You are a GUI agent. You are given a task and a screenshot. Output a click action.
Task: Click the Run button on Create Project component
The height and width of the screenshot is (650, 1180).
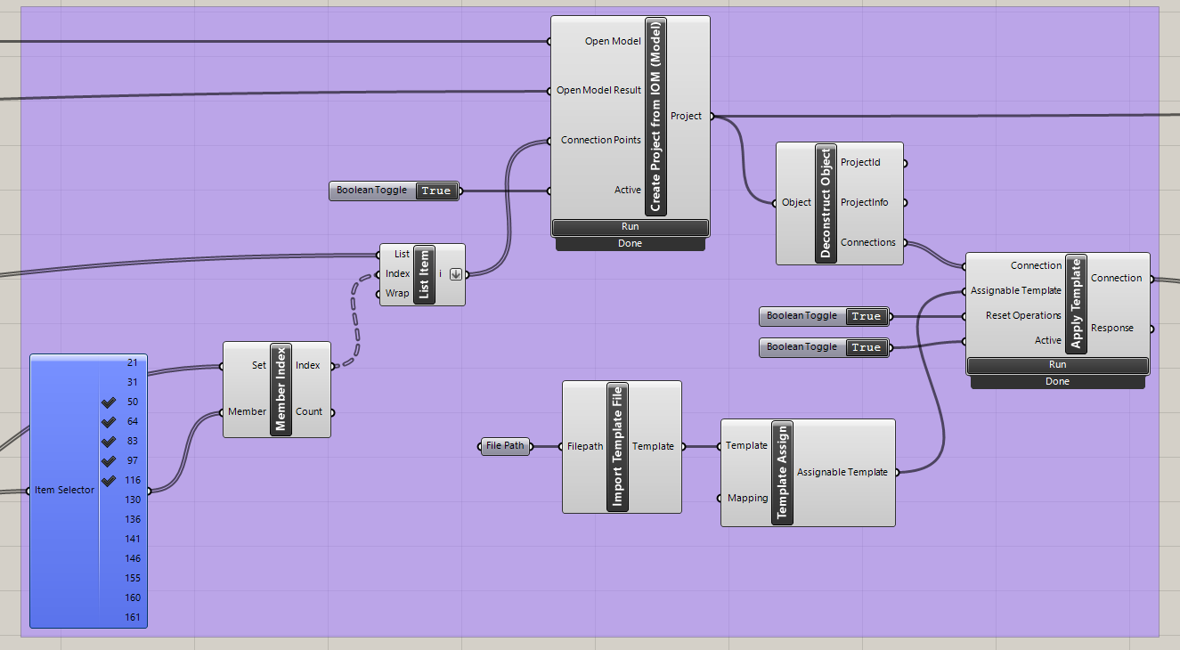(630, 227)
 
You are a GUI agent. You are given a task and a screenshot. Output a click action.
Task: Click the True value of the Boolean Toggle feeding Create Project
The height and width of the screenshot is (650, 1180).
(435, 191)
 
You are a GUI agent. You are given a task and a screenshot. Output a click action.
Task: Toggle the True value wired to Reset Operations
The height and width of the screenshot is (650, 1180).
(866, 316)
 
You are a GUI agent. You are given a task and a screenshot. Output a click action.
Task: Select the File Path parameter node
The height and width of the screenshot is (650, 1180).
(505, 446)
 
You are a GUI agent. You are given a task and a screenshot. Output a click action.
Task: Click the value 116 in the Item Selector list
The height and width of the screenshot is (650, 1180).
(132, 481)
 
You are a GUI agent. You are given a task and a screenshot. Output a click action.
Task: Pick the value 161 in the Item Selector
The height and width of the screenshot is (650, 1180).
(132, 617)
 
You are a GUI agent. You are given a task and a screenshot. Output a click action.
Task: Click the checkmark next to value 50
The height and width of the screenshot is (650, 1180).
(109, 402)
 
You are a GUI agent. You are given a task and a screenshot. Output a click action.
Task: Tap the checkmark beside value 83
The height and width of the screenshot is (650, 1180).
(109, 442)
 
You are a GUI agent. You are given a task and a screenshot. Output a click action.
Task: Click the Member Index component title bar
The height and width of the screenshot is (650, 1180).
(281, 389)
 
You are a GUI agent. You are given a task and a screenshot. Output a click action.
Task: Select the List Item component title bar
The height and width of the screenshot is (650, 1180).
(424, 274)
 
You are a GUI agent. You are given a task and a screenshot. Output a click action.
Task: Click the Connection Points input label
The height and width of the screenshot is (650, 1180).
(599, 141)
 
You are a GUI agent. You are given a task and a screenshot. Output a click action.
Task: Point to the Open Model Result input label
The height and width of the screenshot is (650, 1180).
(598, 91)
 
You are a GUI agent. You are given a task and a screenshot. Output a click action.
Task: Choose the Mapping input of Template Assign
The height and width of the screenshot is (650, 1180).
(746, 499)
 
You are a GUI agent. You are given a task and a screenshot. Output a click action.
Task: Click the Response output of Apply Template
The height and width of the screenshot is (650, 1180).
(1112, 329)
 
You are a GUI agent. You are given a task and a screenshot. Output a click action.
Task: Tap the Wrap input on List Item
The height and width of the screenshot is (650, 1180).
(397, 294)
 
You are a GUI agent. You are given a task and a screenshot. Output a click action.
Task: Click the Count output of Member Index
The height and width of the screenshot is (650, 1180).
(308, 412)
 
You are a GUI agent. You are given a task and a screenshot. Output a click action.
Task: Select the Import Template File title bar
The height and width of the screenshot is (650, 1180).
(617, 446)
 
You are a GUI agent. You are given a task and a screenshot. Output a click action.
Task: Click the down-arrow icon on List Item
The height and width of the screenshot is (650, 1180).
(455, 274)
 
